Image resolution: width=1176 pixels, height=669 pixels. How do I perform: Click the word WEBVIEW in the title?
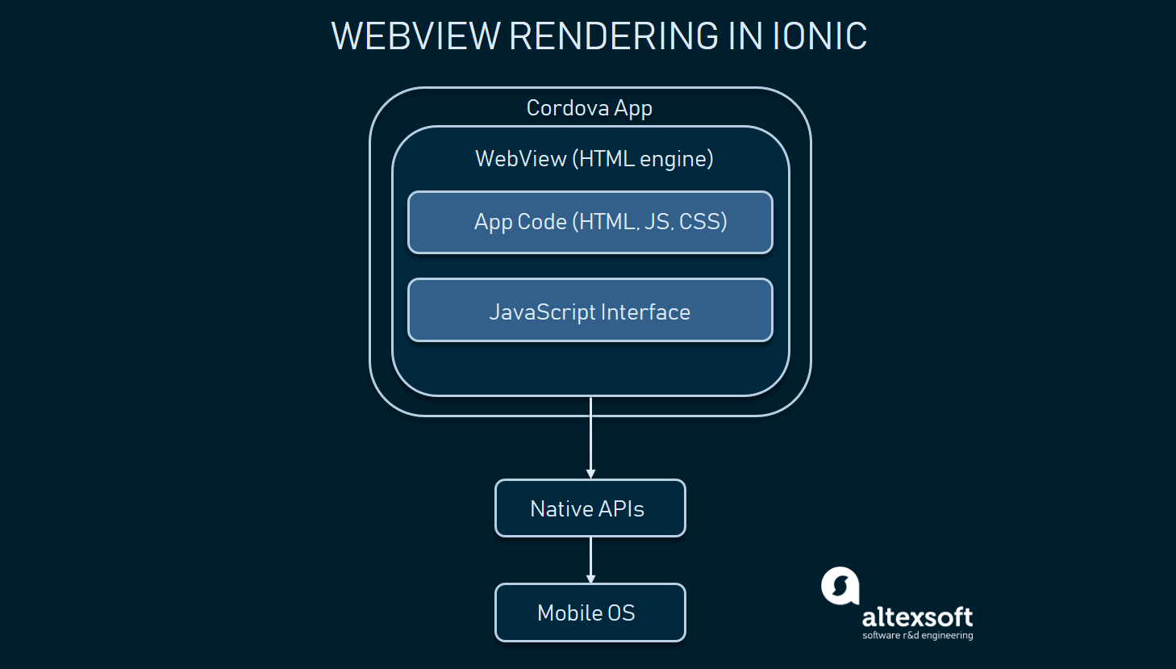pos(415,36)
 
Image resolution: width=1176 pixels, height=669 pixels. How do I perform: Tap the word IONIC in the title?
pos(819,36)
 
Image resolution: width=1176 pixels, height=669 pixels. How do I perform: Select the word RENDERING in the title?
pos(614,36)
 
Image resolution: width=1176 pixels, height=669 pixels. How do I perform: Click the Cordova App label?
pos(589,108)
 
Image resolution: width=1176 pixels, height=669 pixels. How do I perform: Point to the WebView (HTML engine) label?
pos(594,159)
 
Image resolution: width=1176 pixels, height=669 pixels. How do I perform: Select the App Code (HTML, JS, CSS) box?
pos(590,223)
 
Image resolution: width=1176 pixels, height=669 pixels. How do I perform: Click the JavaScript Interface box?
pos(590,311)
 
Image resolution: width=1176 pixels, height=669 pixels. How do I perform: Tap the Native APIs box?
pos(590,508)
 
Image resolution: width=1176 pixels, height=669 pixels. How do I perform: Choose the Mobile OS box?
pos(590,613)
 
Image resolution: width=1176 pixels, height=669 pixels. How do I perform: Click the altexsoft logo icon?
pos(840,586)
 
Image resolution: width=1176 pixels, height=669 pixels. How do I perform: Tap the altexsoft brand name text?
pos(917,617)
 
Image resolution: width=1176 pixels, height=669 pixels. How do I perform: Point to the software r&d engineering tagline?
pos(917,636)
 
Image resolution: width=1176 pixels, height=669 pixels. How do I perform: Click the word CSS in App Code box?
pos(703,222)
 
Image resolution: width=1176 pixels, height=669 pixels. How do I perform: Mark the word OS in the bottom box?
pos(621,613)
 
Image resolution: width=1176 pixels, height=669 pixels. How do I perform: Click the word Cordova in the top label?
pos(567,108)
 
